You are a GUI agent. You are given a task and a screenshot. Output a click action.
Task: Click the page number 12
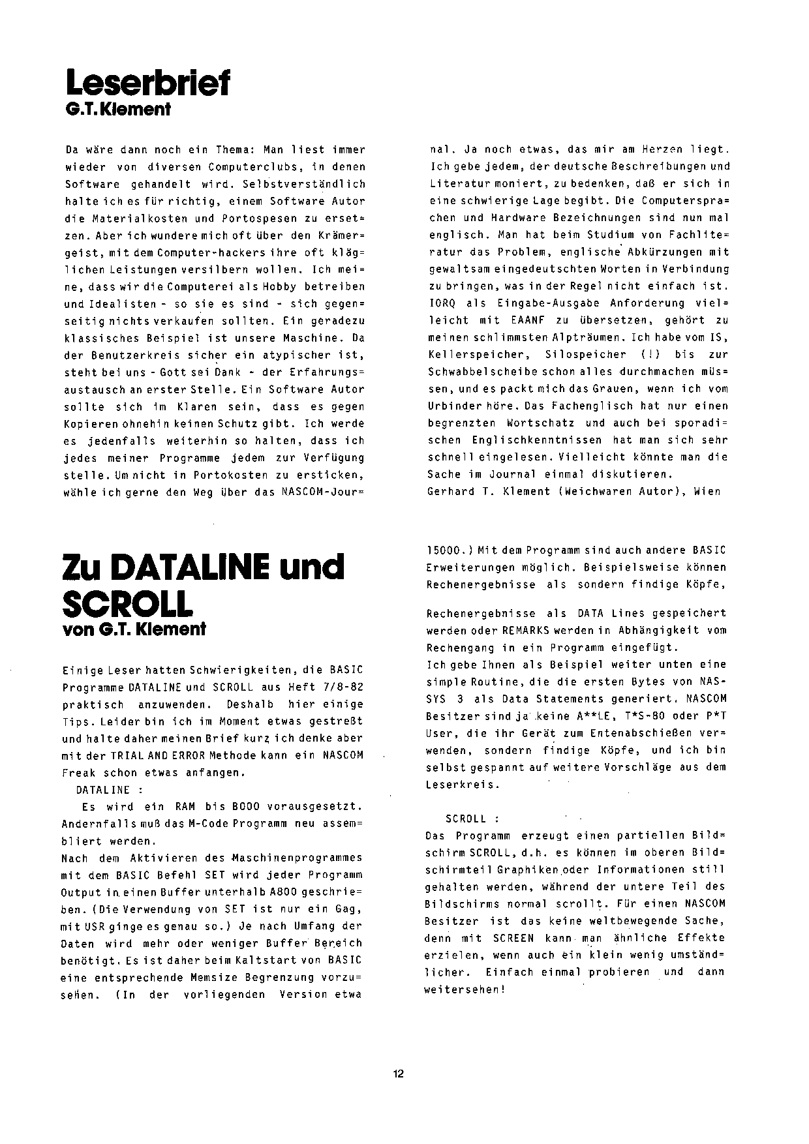399,1074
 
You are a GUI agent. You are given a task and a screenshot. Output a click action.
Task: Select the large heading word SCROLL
127,604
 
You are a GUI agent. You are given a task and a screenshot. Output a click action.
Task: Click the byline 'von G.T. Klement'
134,629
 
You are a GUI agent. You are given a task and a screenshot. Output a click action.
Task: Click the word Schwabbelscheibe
483,372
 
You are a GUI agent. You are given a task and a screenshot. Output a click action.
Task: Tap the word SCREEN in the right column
513,938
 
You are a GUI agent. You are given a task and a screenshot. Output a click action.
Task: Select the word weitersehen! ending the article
465,989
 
